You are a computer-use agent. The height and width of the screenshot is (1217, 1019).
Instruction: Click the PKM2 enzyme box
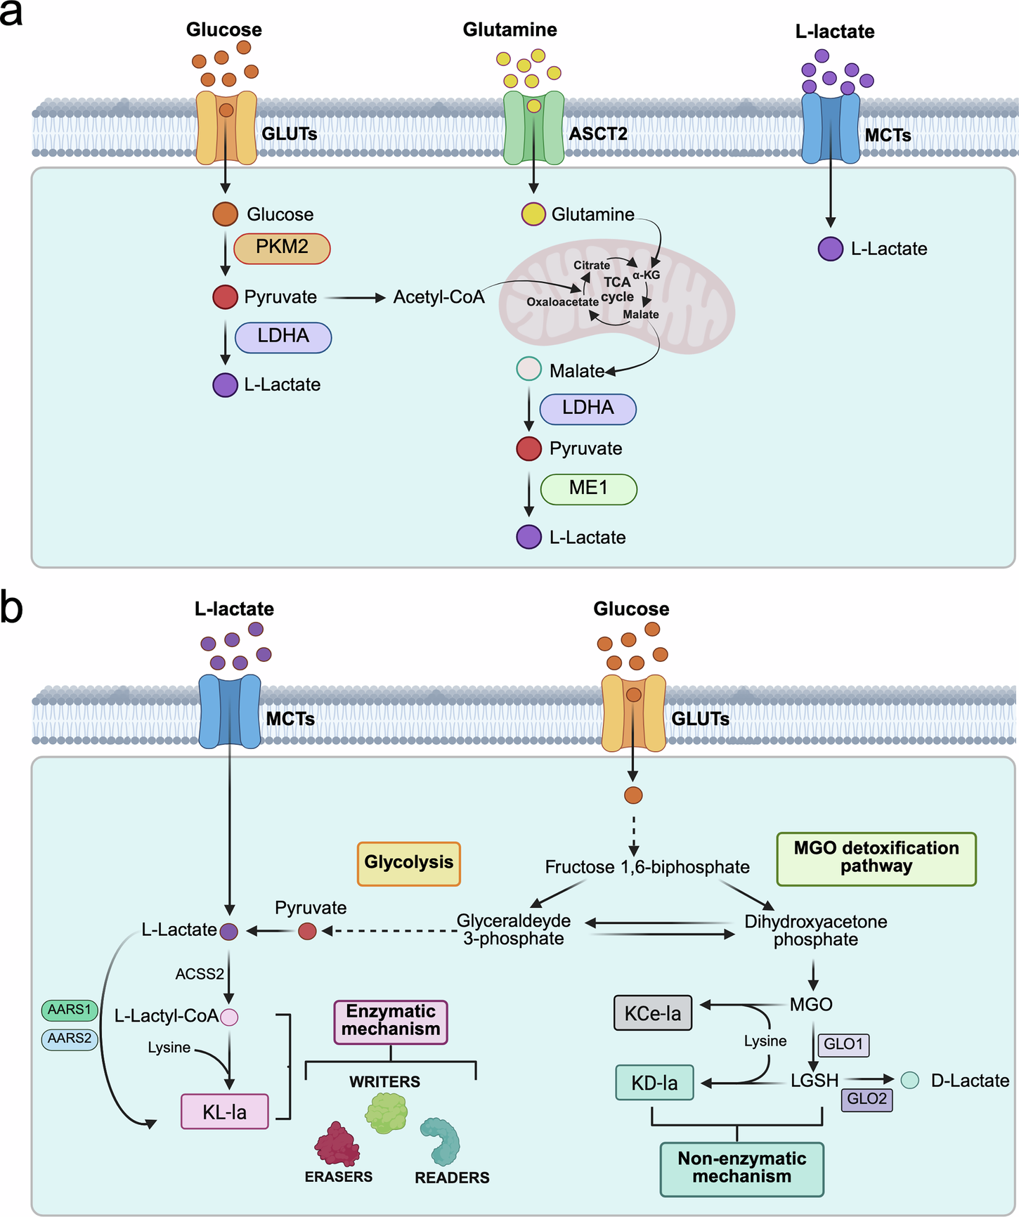tap(282, 248)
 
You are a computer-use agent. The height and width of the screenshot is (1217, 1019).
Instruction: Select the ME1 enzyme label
tap(589, 489)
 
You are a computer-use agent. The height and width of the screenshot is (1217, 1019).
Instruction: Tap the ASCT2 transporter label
tap(597, 133)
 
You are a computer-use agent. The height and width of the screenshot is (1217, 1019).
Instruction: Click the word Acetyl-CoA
tap(439, 297)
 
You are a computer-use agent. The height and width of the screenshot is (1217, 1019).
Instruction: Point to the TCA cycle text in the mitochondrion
tap(618, 289)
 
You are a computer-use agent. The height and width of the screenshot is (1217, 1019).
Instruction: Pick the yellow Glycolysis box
tap(409, 864)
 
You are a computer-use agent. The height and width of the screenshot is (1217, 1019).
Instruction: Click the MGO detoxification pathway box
tap(876, 859)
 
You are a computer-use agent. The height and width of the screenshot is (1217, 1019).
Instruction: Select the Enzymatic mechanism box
tap(391, 1022)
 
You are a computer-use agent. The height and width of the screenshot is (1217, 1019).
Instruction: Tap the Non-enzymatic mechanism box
tap(742, 1169)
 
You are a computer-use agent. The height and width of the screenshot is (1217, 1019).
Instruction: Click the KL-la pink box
tap(225, 1112)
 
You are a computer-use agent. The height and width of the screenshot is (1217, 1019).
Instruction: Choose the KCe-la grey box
tap(653, 1013)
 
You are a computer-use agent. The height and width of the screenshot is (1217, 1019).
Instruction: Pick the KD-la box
tap(654, 1083)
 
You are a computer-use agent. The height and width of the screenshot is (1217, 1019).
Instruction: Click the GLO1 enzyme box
tap(843, 1044)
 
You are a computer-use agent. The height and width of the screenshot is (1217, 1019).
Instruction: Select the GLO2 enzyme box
tap(867, 1099)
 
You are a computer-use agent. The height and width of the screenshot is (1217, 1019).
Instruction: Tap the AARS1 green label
tap(70, 1010)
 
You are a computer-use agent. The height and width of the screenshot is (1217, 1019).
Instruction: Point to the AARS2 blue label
tap(70, 1039)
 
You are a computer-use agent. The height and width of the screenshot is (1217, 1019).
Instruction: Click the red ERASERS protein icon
tap(337, 1143)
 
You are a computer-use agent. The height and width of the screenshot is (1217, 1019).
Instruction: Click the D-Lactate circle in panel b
tap(910, 1080)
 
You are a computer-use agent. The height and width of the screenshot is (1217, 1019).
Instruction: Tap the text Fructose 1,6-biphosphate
tap(647, 867)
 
